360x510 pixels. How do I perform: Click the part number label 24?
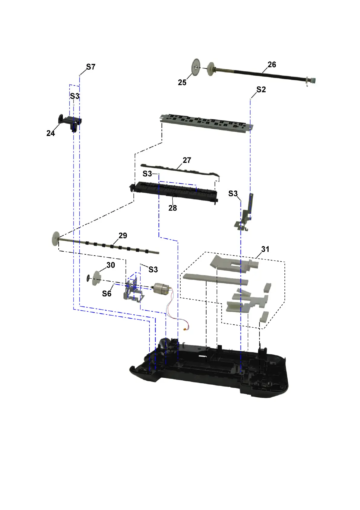pyautogui.click(x=51, y=133)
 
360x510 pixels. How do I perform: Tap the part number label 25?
pyautogui.click(x=182, y=82)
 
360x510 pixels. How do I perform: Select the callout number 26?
pyautogui.click(x=272, y=65)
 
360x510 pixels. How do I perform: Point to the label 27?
pyautogui.click(x=187, y=160)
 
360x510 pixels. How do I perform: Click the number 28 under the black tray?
pyautogui.click(x=172, y=208)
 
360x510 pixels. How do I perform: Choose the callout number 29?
pyautogui.click(x=123, y=236)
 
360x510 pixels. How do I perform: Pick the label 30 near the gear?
pyautogui.click(x=111, y=265)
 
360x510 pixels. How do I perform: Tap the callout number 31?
pyautogui.click(x=265, y=249)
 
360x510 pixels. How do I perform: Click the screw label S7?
pyautogui.click(x=91, y=67)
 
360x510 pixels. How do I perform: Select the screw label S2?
pyautogui.click(x=261, y=89)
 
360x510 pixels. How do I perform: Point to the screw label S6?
pyautogui.click(x=106, y=293)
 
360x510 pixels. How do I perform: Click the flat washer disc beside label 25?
pyautogui.click(x=196, y=67)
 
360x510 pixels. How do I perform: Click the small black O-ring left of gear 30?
pyautogui.click(x=88, y=278)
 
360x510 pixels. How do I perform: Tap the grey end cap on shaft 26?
pyautogui.click(x=314, y=81)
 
